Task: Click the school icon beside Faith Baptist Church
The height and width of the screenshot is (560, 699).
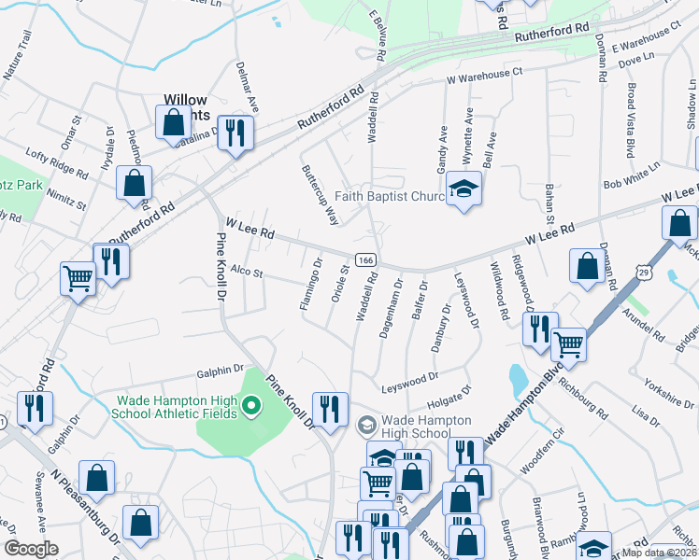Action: coord(464,189)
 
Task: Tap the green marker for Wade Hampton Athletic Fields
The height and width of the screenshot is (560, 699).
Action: coord(250,406)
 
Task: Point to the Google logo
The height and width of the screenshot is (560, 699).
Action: coord(31,549)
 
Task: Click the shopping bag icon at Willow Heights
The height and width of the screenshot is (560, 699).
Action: coord(173,122)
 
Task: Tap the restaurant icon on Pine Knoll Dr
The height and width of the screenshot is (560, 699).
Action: coord(329,409)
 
